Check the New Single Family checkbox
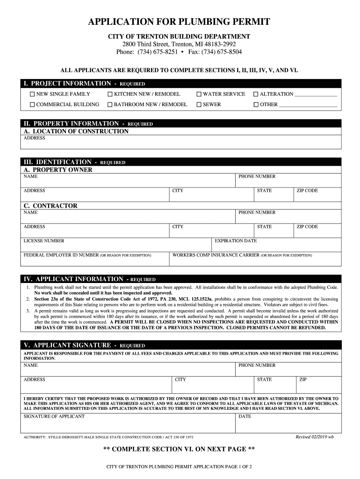point(32,94)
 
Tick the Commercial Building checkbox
point(32,105)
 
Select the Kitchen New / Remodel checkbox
point(110,94)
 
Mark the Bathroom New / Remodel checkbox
point(110,105)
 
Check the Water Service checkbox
point(199,94)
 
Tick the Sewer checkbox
point(199,105)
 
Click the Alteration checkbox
point(256,94)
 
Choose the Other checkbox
point(256,105)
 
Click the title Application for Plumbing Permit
point(180,22)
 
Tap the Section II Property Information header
point(88,123)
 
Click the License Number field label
point(44,241)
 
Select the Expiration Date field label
point(236,241)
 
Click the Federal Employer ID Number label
point(61,255)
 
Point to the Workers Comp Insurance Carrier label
point(216,255)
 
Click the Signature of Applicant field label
point(54,416)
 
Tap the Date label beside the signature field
point(245,416)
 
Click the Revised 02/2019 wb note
point(315,437)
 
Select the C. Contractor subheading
point(50,206)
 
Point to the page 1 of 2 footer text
point(180,467)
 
